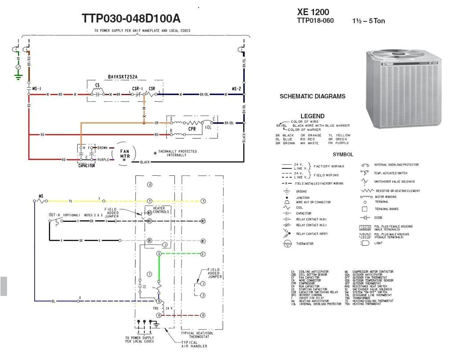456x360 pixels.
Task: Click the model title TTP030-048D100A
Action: (131, 18)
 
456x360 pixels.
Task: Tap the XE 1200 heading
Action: (313, 12)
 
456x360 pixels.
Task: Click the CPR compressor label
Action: (192, 128)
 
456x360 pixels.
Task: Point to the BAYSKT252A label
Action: (123, 77)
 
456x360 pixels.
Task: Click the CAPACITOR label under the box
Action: (86, 166)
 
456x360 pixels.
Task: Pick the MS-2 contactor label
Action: (236, 89)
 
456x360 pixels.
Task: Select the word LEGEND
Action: (312, 116)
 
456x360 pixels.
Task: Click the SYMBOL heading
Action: (343, 154)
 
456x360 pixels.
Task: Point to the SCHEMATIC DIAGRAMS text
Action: (312, 96)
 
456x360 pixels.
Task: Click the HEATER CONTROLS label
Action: (160, 210)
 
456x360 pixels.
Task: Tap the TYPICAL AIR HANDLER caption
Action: (193, 344)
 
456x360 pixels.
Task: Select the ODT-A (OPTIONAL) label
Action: (65, 215)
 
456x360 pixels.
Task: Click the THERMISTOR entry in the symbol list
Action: (304, 244)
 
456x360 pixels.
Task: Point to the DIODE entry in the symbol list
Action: (379, 218)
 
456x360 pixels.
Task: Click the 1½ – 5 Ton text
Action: (368, 21)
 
